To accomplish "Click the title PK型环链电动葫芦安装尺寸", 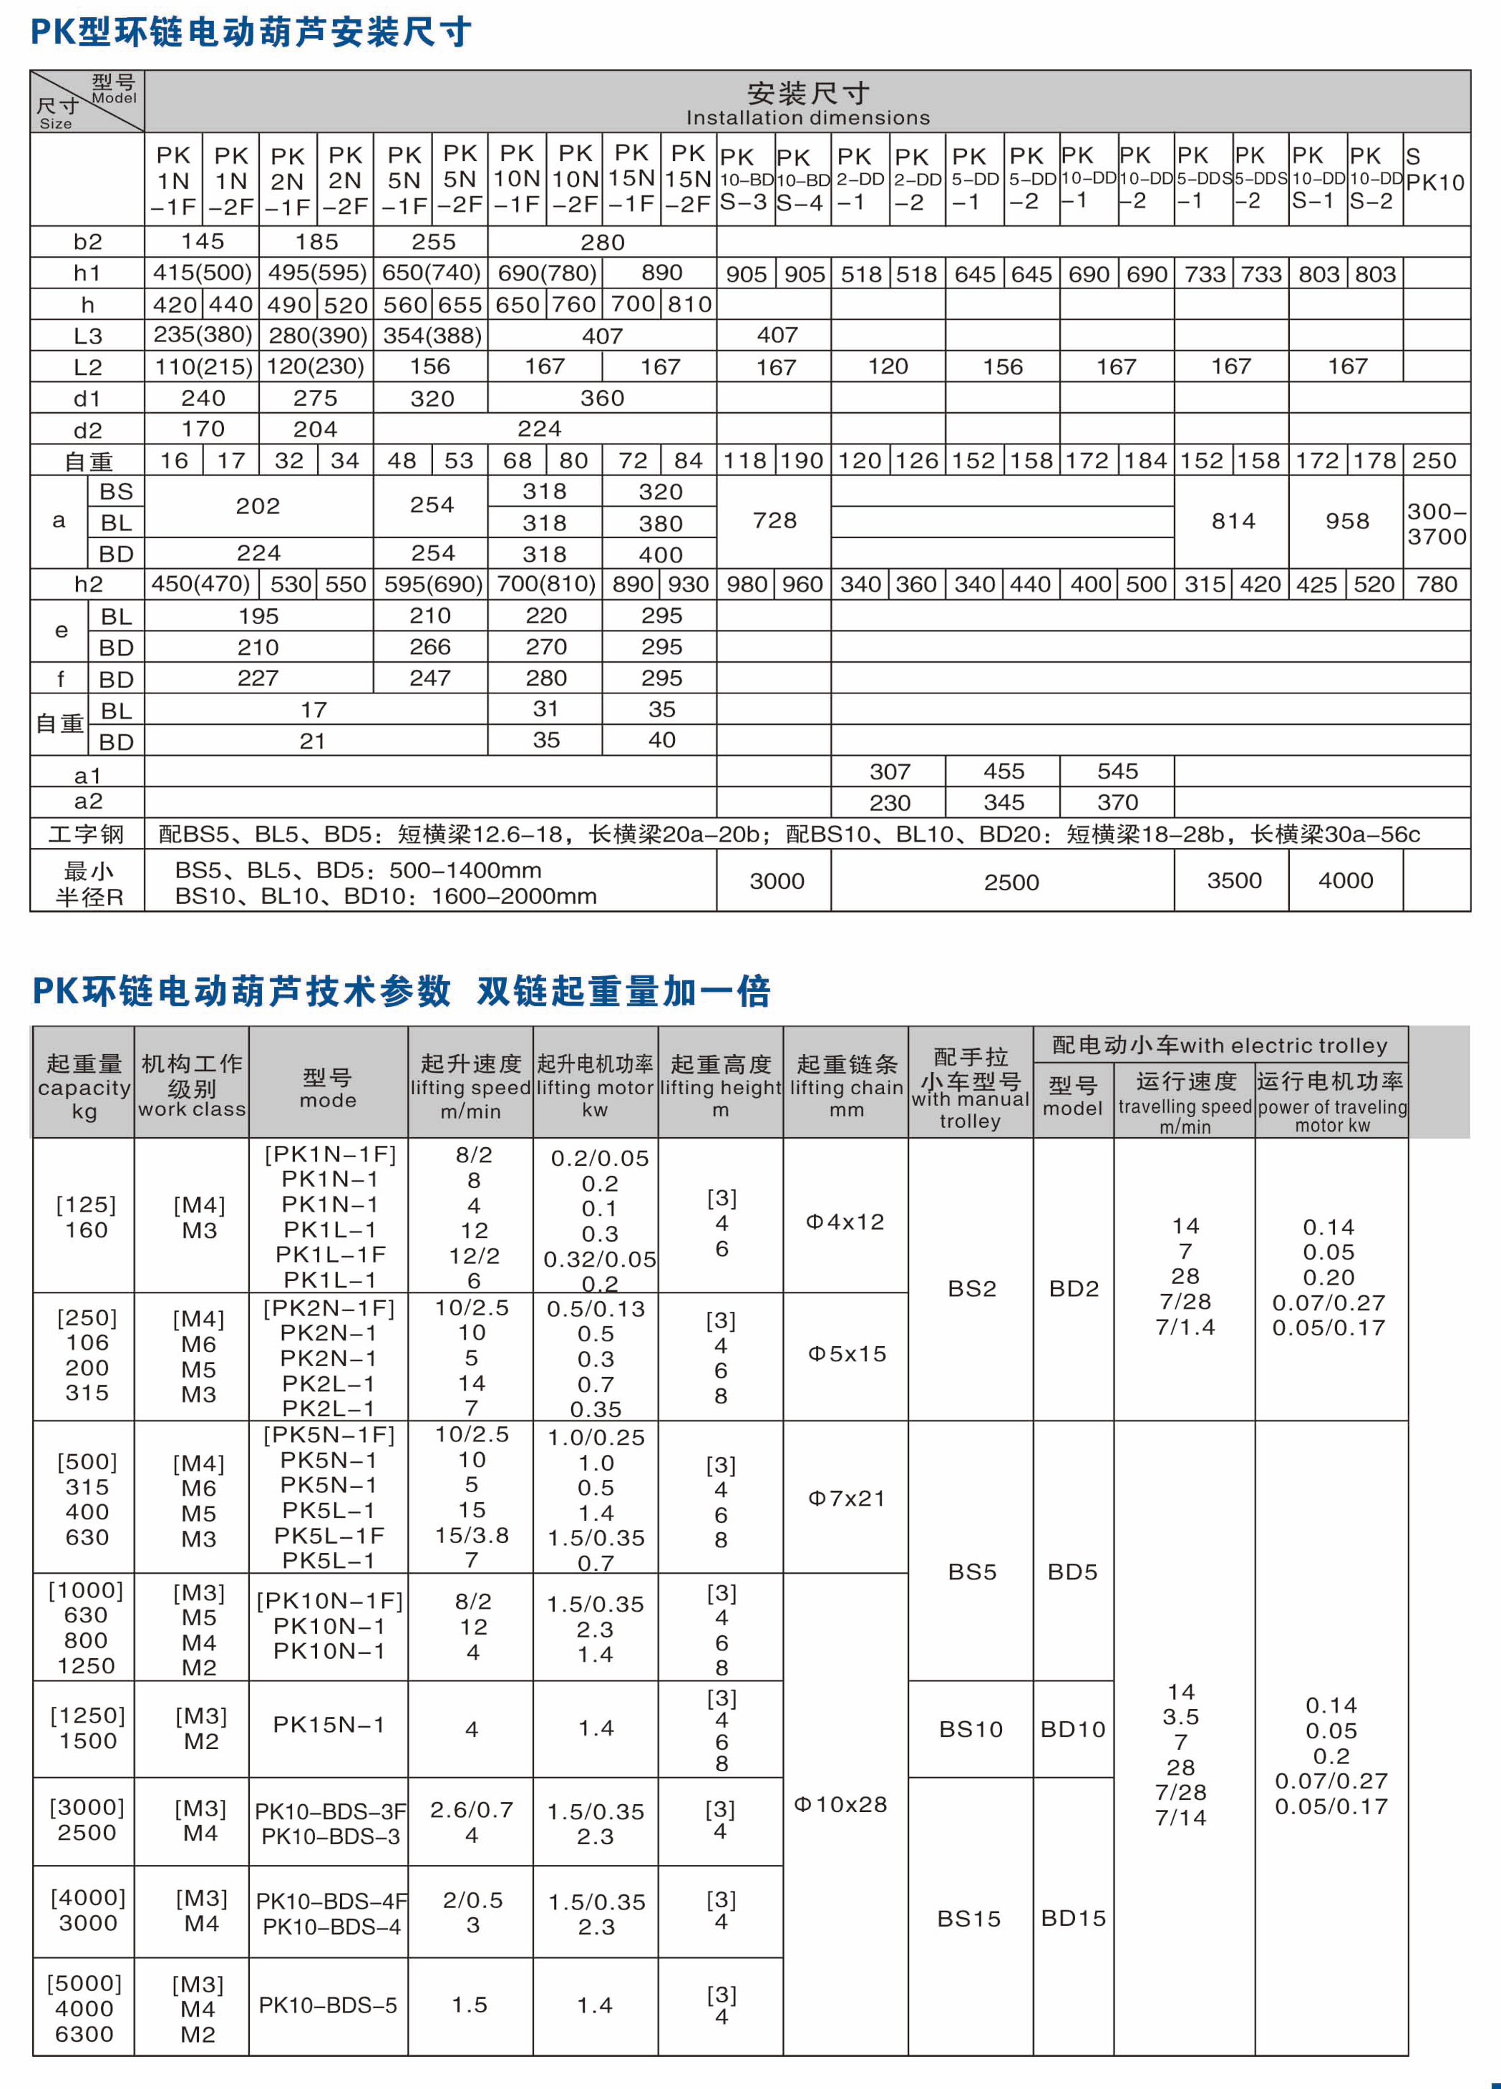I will coord(251,32).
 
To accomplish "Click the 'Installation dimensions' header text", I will coord(807,118).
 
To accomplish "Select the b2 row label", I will coord(87,241).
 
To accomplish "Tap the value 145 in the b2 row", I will coord(202,241).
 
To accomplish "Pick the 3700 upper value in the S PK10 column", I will coord(1437,536).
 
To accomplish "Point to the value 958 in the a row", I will coord(1346,521).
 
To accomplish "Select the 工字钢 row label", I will coord(87,834).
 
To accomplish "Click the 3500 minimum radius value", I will coord(1234,880).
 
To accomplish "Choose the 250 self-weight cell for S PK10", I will coord(1434,461).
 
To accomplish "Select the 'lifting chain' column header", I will coord(846,1088).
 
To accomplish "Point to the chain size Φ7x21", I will coord(846,1499).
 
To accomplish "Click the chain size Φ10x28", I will coord(840,1804).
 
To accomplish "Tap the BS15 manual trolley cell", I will coord(968,1919).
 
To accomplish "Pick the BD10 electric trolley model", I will coord(1072,1730).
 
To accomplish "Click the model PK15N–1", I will coord(328,1725).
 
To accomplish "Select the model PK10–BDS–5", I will coord(327,2005).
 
